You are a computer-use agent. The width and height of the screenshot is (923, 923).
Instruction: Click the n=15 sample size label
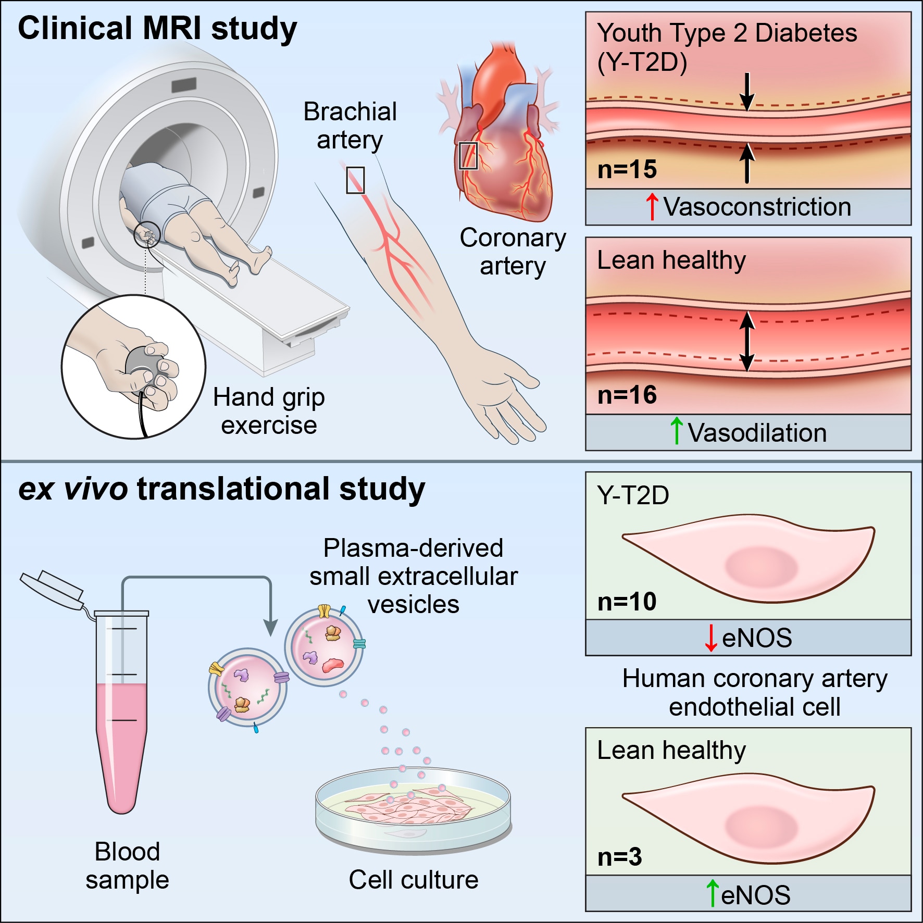tap(627, 169)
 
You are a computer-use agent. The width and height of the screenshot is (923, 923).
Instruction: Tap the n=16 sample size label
tap(627, 395)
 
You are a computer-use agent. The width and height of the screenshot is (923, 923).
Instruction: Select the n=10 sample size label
tap(627, 602)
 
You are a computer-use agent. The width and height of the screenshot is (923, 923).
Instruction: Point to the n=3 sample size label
tap(619, 857)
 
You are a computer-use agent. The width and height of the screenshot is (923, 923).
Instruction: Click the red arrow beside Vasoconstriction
tap(652, 206)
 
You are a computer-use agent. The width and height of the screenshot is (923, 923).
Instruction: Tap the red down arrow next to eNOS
tap(710, 638)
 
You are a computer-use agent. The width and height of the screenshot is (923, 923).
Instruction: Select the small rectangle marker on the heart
tap(468, 155)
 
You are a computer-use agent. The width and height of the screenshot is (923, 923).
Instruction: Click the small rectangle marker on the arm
tap(355, 180)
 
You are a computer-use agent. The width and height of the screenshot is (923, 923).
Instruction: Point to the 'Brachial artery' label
tap(350, 126)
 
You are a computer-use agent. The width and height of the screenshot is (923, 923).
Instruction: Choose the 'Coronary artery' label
tap(513, 252)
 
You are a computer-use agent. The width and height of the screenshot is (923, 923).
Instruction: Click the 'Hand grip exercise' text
tap(269, 411)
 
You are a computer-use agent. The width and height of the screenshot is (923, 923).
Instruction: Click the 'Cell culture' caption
tap(413, 880)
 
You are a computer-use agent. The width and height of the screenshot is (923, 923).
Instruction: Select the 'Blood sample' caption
tap(127, 866)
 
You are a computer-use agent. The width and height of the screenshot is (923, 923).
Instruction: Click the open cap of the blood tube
tap(52, 589)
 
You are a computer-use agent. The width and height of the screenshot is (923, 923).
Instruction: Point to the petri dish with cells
tap(413, 807)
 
